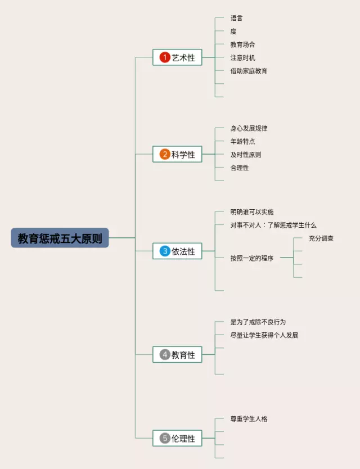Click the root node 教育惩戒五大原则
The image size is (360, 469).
pos(60,238)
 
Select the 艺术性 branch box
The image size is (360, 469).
pos(177,57)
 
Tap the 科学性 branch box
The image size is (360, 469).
pos(177,154)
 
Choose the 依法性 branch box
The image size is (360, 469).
pos(177,251)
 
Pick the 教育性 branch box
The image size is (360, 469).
pos(177,355)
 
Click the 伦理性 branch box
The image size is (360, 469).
pos(177,438)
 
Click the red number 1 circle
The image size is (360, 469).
pos(165,57)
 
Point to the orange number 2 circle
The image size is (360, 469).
pos(165,154)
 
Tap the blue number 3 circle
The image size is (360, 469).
pos(165,251)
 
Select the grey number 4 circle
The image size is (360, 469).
pos(165,355)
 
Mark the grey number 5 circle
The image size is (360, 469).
pos(165,438)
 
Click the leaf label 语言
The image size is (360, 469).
pos(236,19)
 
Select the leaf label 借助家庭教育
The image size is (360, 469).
pos(249,71)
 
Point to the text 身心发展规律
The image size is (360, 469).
pos(249,129)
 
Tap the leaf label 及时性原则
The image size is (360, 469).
pos(245,155)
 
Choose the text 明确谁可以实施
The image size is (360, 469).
pos(252,212)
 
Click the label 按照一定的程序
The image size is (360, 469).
pos(252,259)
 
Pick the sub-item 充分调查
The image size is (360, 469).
pos(321,238)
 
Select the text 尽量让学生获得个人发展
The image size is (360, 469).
pos(264,336)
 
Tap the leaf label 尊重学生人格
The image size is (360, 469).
pos(249,419)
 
